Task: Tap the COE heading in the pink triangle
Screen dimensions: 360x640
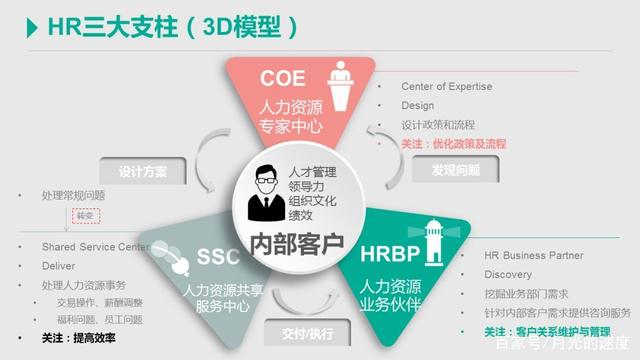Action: point(284,78)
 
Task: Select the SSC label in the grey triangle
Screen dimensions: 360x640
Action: point(217,257)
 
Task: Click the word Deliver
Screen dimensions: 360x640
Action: point(58,266)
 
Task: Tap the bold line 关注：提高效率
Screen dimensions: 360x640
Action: point(79,338)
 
